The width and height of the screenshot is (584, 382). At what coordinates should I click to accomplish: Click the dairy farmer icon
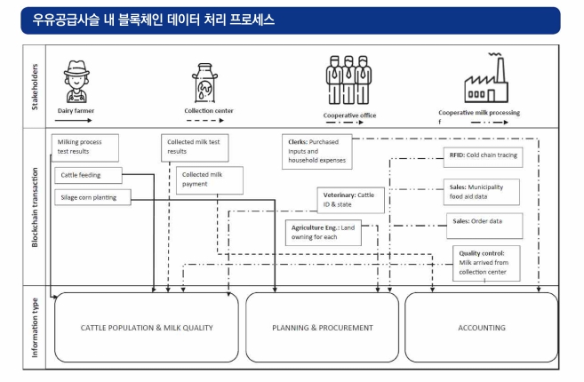[76, 82]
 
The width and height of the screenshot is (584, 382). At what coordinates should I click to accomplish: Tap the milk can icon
[204, 83]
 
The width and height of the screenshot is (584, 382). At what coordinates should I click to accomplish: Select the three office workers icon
[348, 80]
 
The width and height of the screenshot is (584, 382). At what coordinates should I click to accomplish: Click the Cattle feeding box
[88, 175]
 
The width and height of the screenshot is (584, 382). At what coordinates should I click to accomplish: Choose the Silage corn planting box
[92, 197]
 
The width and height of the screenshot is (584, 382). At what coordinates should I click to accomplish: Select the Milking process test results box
[85, 147]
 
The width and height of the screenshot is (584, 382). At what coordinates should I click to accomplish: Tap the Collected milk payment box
[210, 180]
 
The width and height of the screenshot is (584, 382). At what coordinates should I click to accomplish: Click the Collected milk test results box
[195, 147]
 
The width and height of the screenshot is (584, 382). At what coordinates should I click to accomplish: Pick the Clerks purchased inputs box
[317, 152]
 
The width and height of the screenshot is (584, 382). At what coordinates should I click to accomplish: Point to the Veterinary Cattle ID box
[350, 200]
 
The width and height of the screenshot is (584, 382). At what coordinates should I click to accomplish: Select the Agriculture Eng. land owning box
[324, 233]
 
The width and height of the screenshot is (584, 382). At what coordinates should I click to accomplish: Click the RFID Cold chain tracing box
[483, 157]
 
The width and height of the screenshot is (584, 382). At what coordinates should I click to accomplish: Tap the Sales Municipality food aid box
[482, 192]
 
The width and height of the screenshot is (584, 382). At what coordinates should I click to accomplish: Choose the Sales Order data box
[484, 226]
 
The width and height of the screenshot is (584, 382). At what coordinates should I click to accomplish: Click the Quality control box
[486, 263]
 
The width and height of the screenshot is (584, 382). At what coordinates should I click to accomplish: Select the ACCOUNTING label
[482, 328]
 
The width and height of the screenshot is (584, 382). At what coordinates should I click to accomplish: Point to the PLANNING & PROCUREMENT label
[323, 328]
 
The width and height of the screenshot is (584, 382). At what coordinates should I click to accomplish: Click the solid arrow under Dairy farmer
[74, 120]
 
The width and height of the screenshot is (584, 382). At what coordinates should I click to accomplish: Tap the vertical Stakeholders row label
[35, 87]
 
